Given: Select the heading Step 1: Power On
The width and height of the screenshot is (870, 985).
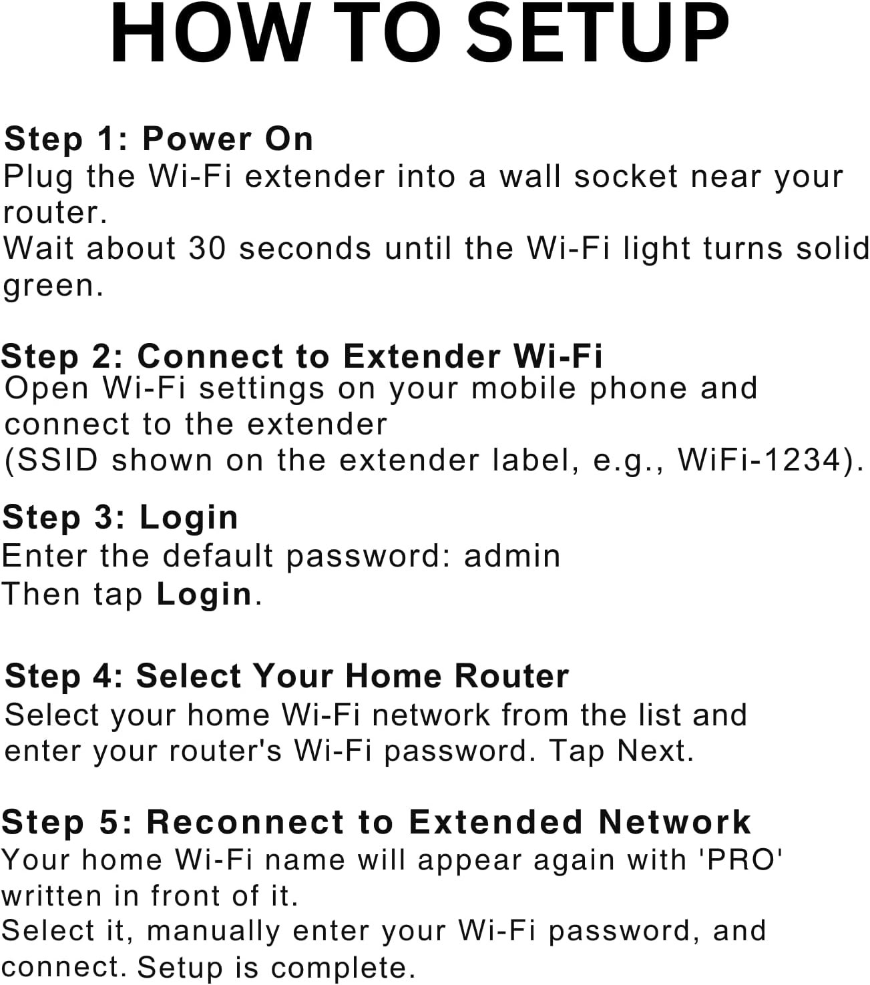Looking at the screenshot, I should pos(158,139).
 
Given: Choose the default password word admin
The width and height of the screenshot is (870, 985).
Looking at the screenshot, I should pos(512,556).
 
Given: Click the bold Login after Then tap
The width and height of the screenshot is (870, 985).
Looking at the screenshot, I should pos(204,594).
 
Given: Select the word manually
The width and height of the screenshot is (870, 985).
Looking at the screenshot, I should pos(213,932).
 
